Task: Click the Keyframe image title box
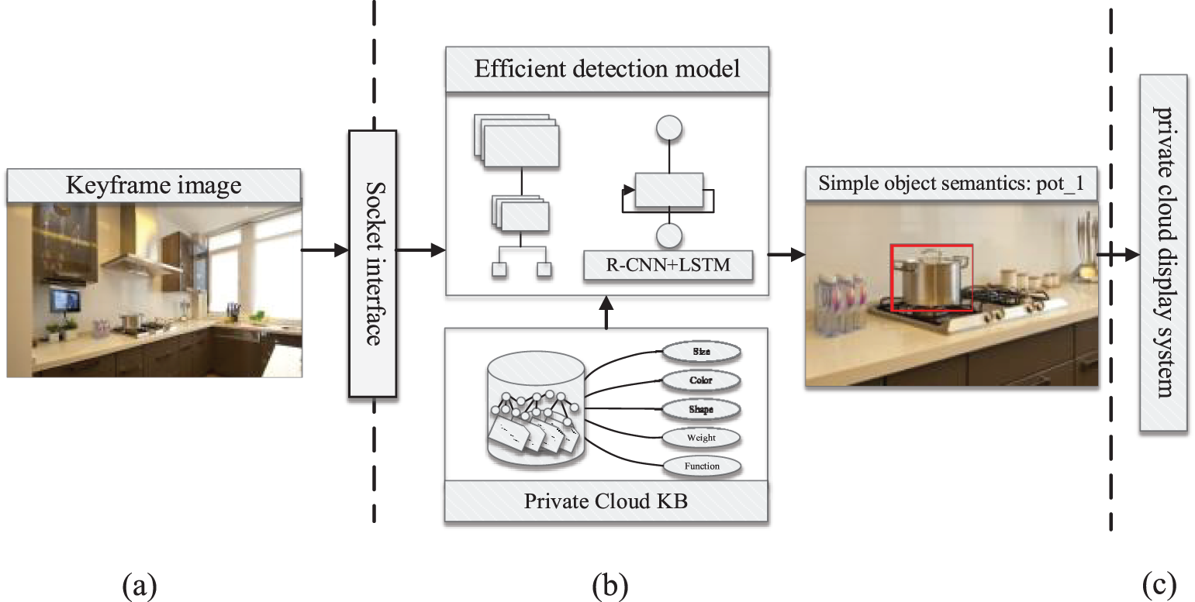pyautogui.click(x=154, y=185)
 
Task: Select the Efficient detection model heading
pyautogui.click(x=606, y=68)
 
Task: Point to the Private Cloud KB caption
pyautogui.click(x=606, y=501)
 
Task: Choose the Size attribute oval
pyautogui.click(x=701, y=352)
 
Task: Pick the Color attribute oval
pyautogui.click(x=701, y=380)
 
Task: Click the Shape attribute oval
pyautogui.click(x=701, y=409)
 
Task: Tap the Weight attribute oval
pyautogui.click(x=701, y=438)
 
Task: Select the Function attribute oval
pyautogui.click(x=701, y=466)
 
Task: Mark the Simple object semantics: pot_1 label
pyautogui.click(x=952, y=185)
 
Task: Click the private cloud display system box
pyautogui.click(x=1163, y=253)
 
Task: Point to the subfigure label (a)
pyautogui.click(x=140, y=585)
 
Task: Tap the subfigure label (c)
pyautogui.click(x=1159, y=585)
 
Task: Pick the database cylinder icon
pyautogui.click(x=535, y=407)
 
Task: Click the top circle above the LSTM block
pyautogui.click(x=668, y=129)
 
